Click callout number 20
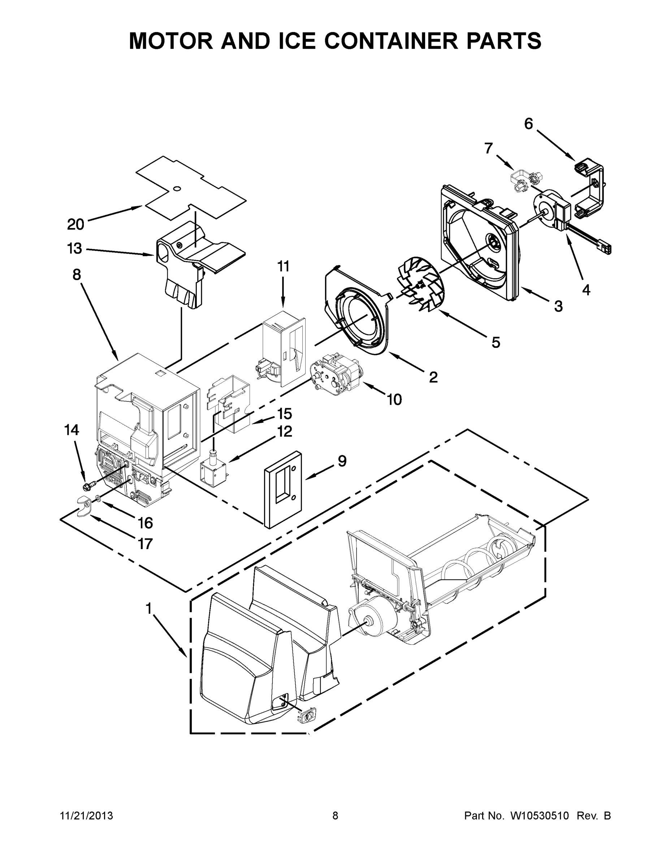pyautogui.click(x=75, y=224)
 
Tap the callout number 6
pyautogui.click(x=528, y=124)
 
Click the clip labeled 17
pyautogui.click(x=84, y=507)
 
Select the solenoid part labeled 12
pyautogui.click(x=214, y=466)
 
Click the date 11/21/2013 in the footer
pyautogui.click(x=86, y=816)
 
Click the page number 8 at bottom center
pyautogui.click(x=335, y=816)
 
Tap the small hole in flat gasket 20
pyautogui.click(x=177, y=188)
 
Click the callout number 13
pyautogui.click(x=75, y=249)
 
